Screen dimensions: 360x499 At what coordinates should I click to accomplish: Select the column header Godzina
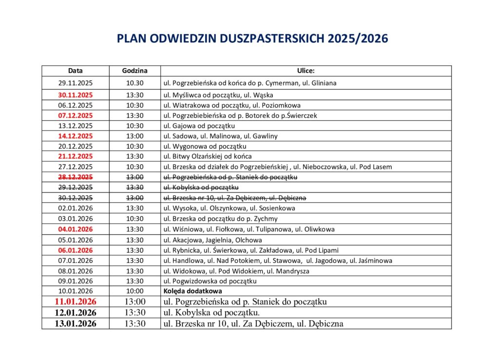134,71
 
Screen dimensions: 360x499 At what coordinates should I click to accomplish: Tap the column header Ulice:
306,71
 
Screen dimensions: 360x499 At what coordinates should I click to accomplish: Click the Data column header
75,71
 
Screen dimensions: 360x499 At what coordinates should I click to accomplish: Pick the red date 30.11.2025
75,95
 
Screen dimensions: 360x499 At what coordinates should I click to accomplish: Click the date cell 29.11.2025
75,83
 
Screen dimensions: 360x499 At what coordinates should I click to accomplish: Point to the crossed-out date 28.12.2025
75,177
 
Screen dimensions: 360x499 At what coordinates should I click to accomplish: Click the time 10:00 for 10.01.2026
134,291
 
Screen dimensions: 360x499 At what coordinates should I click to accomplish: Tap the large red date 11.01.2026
75,302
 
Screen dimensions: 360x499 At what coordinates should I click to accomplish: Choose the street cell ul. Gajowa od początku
199,126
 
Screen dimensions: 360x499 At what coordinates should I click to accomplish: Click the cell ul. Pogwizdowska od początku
210,281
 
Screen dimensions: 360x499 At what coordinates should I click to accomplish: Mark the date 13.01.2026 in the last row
75,323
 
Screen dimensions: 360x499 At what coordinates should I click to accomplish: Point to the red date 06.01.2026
75,250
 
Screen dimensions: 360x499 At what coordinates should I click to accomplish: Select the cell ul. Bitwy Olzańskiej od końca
208,156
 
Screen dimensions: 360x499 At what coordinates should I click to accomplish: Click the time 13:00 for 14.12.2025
134,136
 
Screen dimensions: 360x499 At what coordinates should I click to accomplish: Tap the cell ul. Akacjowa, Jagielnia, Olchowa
212,240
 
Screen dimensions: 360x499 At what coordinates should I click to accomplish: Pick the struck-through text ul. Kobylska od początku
201,188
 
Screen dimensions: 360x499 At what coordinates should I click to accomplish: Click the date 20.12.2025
75,146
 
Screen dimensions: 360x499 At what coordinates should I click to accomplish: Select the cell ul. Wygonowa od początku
205,146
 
